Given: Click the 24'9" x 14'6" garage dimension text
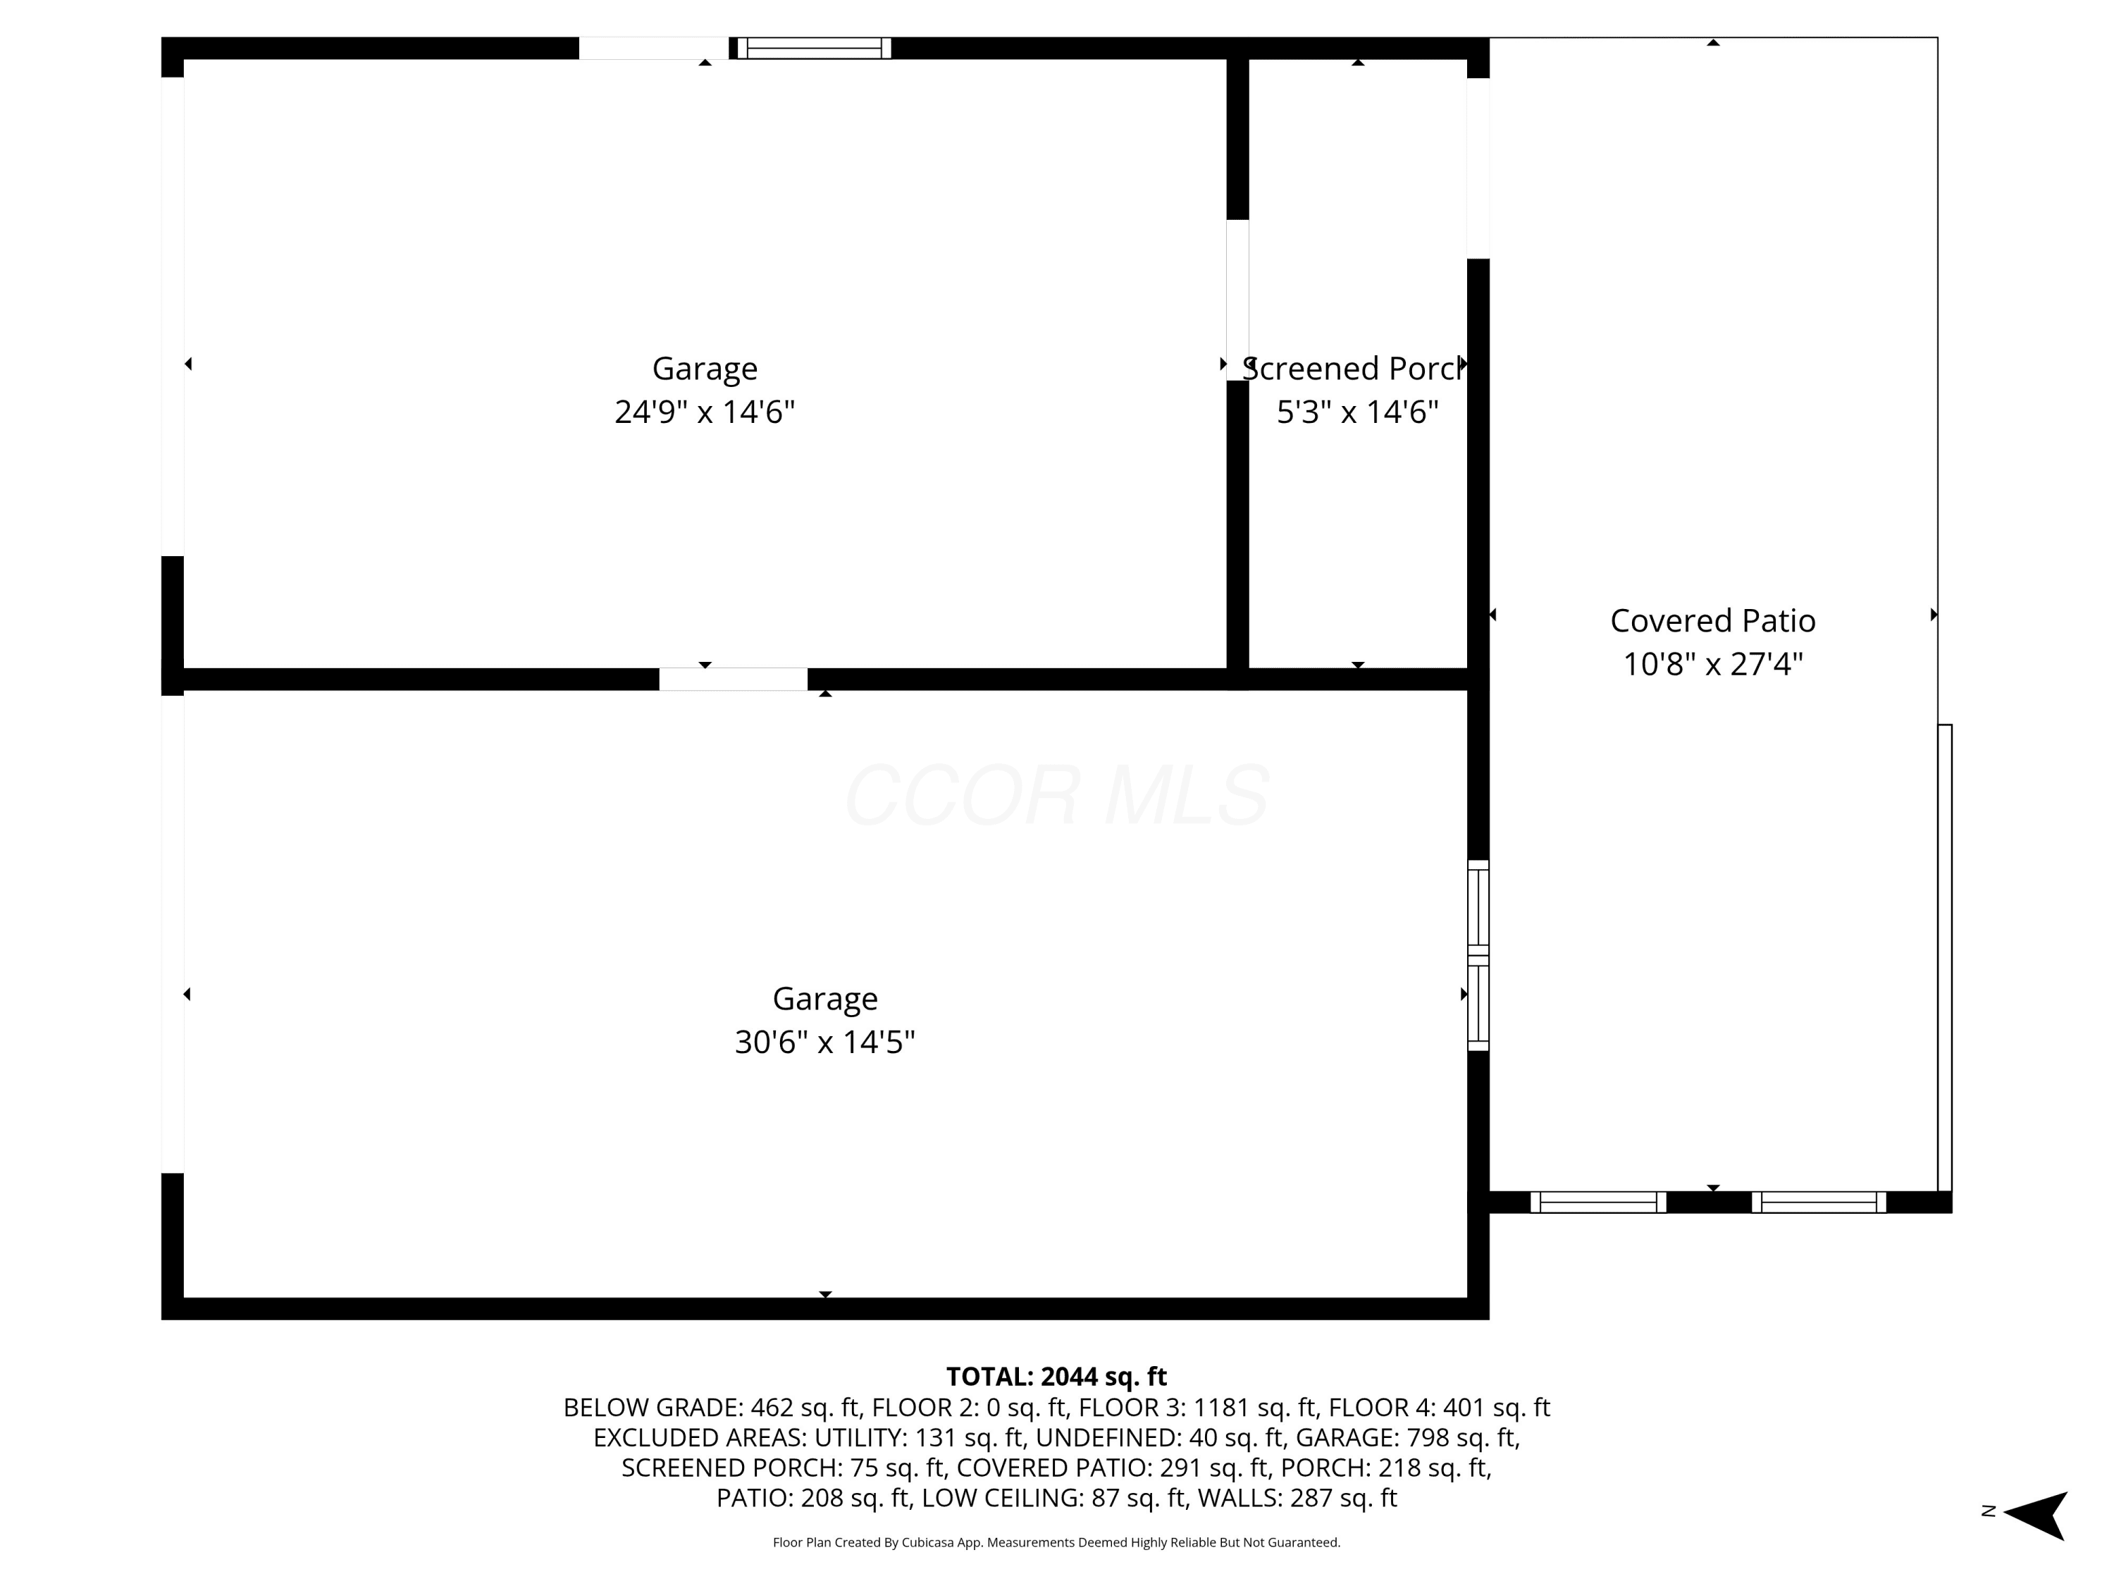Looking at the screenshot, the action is (705, 412).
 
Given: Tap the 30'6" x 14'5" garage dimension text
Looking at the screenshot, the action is (824, 1042).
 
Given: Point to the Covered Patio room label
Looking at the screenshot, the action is (1712, 620).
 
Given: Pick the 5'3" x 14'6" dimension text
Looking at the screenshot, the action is (1357, 412).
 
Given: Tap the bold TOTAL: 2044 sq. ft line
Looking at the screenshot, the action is (1056, 1376).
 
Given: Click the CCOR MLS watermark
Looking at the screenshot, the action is (1057, 795).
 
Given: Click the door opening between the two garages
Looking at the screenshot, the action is (733, 679).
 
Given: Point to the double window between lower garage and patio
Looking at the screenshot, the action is (1478, 955).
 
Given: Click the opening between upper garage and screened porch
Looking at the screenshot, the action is (1237, 300).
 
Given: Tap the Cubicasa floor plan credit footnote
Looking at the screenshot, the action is (1056, 1542).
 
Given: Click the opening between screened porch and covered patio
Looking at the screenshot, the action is (1478, 167).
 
